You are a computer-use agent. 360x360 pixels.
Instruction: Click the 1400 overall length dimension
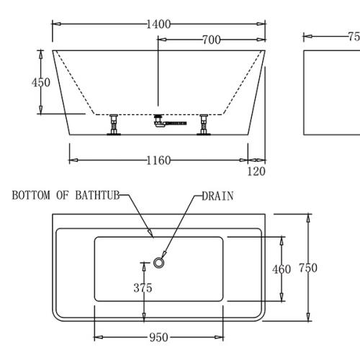pos(158,24)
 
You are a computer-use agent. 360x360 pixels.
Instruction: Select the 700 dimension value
pos(211,40)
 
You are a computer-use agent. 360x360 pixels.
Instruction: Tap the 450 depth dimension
pos(41,83)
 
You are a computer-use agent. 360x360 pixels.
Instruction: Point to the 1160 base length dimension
pos(158,160)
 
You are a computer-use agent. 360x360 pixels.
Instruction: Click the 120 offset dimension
pos(256,171)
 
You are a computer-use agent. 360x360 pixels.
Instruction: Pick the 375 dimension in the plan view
pos(143,288)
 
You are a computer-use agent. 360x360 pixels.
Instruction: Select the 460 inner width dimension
pos(282,269)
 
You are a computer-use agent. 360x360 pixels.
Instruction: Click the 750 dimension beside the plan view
pos(308,268)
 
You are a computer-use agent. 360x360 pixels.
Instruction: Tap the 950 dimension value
pos(158,337)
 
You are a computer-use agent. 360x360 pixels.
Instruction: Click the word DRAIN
pos(217,196)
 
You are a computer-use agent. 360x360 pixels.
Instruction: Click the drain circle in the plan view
pos(160,264)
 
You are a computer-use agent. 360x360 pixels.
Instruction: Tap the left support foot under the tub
pos(114,125)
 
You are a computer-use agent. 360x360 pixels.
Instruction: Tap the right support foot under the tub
pos(205,125)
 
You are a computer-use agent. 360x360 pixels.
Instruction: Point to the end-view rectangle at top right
pos(331,92)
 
